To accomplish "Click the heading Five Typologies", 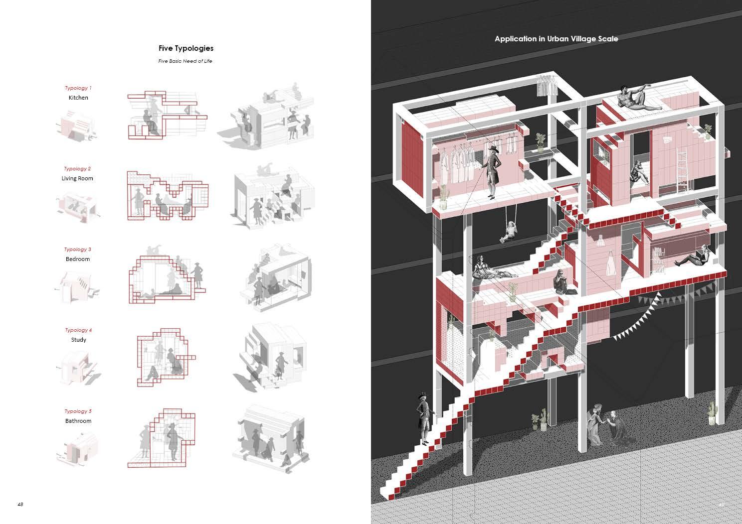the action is (x=185, y=48).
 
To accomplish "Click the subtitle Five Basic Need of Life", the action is (x=185, y=61).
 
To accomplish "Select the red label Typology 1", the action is (x=78, y=88).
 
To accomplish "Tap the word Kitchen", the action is (x=78, y=98).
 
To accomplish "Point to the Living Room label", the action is (x=77, y=178).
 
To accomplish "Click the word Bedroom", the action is (x=78, y=259).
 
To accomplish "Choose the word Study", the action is (x=78, y=340).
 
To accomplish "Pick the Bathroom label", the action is (x=78, y=421).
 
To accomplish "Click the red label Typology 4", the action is (x=78, y=330).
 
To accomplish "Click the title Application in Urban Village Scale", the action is (x=556, y=39).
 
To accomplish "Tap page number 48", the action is (x=20, y=504).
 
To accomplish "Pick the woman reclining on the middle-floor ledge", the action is (x=491, y=269).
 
